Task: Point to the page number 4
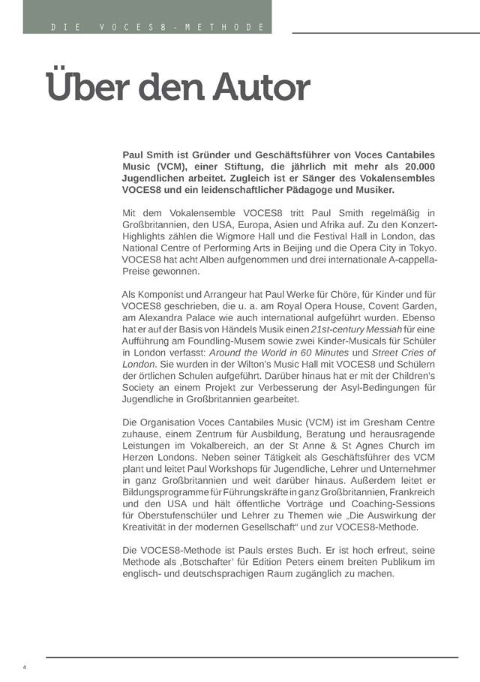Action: pyautogui.click(x=25, y=667)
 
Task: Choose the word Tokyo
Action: pyautogui.click(x=420, y=248)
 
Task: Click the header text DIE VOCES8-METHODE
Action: pyautogui.click(x=158, y=28)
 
